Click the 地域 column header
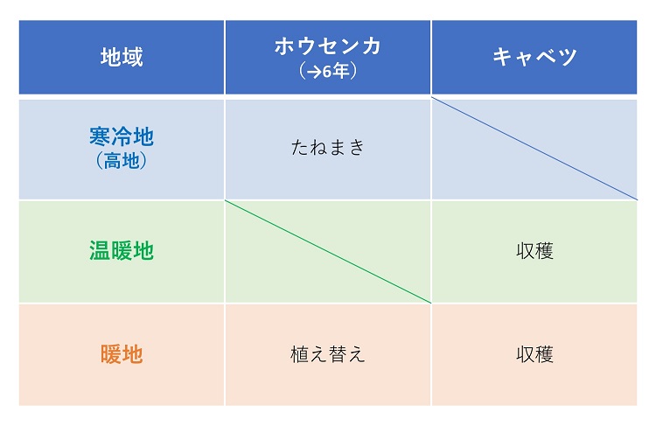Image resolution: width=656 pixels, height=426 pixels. (122, 57)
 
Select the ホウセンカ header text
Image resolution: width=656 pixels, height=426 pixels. (328, 46)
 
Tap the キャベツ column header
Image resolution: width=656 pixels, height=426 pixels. (534, 57)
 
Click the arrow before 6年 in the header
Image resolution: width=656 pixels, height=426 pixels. (314, 72)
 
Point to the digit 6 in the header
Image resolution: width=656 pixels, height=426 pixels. (327, 72)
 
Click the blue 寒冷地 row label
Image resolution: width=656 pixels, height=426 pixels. (122, 136)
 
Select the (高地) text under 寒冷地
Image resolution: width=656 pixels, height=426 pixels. (122, 160)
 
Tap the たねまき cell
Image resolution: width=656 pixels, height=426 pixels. (328, 147)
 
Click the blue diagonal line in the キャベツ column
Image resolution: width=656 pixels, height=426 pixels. (534, 149)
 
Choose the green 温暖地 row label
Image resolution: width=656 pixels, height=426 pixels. (122, 251)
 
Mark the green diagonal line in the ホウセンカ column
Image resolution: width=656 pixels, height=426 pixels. (328, 252)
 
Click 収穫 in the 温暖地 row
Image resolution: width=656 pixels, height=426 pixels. (534, 251)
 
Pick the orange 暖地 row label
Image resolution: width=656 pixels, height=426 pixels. (122, 354)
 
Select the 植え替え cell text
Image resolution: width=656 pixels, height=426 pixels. (328, 354)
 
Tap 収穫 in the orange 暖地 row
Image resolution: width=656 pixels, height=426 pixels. (534, 354)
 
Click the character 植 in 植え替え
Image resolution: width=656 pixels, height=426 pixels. (299, 354)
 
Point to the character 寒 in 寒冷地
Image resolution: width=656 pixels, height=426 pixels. (100, 136)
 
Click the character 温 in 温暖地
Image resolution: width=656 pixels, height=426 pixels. (100, 251)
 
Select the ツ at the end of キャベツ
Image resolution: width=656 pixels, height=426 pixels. (568, 57)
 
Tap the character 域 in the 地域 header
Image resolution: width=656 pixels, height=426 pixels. (133, 57)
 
